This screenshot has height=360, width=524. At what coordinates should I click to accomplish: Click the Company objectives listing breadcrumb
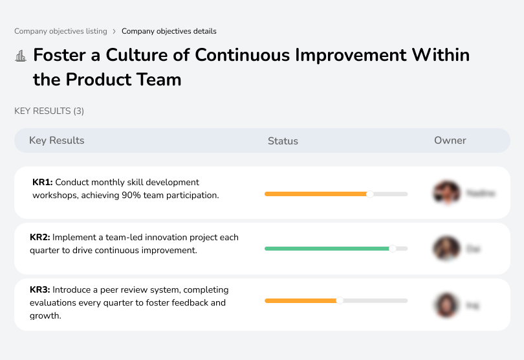[61, 31]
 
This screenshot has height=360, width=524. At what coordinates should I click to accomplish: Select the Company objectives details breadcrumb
[169, 31]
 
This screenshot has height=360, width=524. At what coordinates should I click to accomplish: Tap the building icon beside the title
[20, 56]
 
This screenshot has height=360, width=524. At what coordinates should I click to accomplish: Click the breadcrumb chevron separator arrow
[115, 31]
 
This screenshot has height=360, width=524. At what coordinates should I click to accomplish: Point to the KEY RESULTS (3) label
[49, 111]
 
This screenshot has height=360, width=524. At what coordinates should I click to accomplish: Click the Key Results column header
[56, 141]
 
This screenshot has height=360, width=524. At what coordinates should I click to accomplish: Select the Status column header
[283, 141]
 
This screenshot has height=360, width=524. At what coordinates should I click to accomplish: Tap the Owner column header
[450, 141]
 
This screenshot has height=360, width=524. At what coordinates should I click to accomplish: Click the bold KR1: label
[42, 183]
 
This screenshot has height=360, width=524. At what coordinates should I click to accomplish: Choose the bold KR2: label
[40, 238]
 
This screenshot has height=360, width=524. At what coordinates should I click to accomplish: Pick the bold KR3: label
[40, 290]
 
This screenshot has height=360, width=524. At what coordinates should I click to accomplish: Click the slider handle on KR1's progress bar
[370, 194]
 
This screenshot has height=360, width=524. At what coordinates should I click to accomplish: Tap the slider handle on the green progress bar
[392, 248]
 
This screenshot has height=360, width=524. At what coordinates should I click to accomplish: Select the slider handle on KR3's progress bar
[340, 300]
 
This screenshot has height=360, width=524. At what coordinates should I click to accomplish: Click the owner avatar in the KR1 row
[446, 193]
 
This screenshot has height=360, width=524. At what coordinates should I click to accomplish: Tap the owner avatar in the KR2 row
[446, 248]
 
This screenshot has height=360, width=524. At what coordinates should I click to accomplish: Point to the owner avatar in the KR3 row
[446, 305]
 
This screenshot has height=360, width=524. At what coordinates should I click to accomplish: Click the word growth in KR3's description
[45, 316]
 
